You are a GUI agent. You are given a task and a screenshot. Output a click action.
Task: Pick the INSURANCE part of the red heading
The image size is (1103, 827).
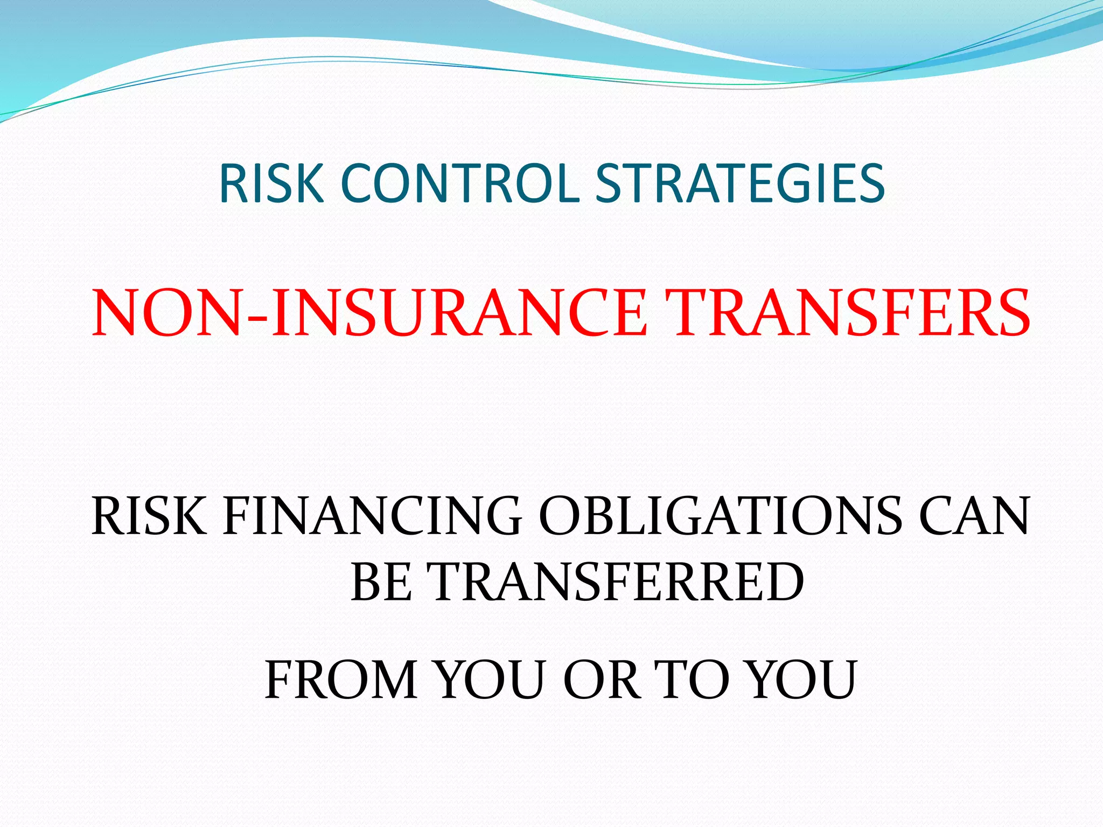(x=458, y=313)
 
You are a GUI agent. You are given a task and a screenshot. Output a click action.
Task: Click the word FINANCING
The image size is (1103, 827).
(x=372, y=516)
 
